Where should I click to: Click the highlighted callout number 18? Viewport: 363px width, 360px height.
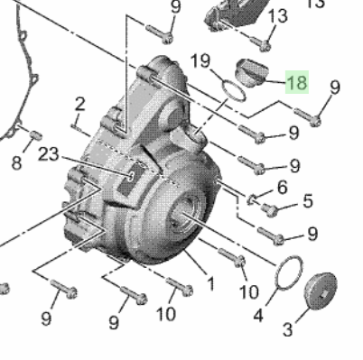click(297, 82)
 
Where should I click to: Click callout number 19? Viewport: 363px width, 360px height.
click(200, 60)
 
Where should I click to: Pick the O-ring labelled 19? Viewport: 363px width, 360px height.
click(234, 90)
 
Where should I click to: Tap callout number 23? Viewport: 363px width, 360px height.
click(49, 154)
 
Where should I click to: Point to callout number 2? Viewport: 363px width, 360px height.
click(79, 105)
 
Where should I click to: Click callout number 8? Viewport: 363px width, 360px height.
click(16, 162)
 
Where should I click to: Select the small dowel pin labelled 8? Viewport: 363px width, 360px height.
click(35, 135)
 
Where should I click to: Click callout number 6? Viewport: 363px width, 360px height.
click(282, 188)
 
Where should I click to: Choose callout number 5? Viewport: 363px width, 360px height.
click(308, 201)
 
